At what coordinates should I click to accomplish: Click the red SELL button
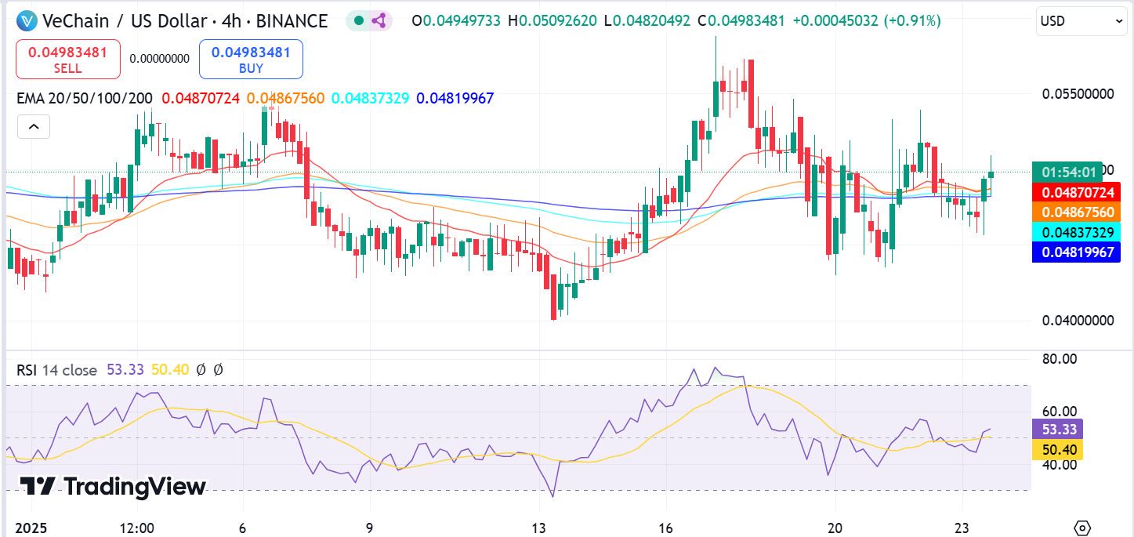coord(68,60)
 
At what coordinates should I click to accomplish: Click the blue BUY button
coord(251,60)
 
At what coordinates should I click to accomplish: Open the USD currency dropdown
coord(1082,21)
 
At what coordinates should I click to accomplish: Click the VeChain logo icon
coord(28,21)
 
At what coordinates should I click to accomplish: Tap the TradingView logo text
coord(114,487)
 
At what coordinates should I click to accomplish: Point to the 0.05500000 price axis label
coord(1078,94)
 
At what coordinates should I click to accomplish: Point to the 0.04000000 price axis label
coord(1078,321)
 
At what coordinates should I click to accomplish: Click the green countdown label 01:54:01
coord(1074,172)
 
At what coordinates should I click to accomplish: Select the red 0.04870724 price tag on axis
coord(1076,192)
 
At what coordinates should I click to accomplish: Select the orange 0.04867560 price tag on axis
coord(1076,212)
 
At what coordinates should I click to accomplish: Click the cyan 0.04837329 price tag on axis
coord(1076,232)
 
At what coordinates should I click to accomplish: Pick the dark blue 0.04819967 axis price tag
coord(1076,252)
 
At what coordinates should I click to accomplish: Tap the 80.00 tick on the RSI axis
coord(1057,359)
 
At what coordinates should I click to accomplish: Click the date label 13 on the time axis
coord(538,528)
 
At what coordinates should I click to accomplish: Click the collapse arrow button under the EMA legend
coord(33,126)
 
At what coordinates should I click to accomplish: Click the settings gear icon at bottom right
coord(1082,528)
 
